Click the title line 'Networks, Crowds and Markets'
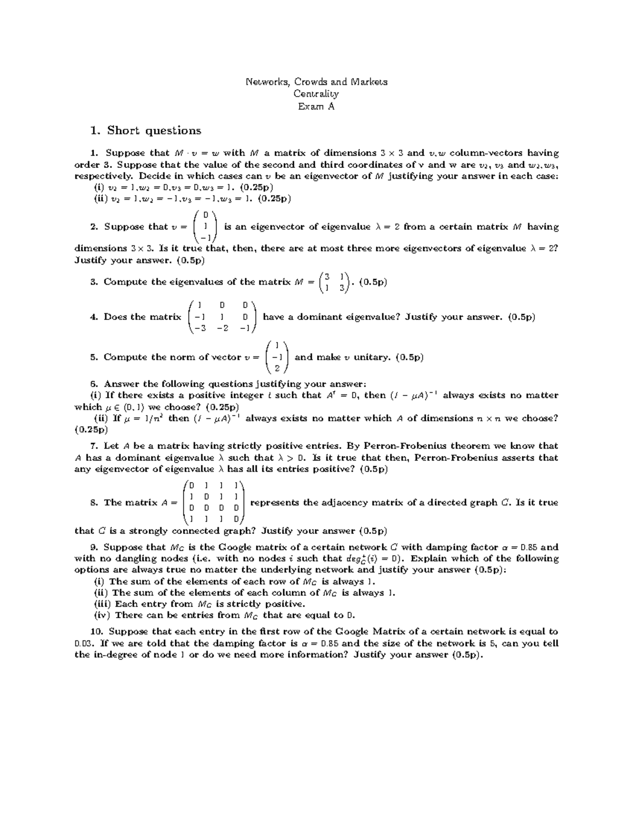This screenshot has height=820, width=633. pyautogui.click(x=316, y=82)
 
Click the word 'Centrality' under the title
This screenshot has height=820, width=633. pyautogui.click(x=316, y=94)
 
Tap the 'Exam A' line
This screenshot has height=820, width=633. pyautogui.click(x=316, y=106)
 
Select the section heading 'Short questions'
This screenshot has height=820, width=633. pyautogui.click(x=154, y=130)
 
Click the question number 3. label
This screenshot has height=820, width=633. pyautogui.click(x=94, y=282)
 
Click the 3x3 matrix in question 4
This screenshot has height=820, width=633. pyautogui.click(x=222, y=317)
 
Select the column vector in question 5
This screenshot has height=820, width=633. pyautogui.click(x=277, y=357)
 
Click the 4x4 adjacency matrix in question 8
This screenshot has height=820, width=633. pyautogui.click(x=214, y=502)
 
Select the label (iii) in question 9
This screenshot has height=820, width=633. pyautogui.click(x=102, y=604)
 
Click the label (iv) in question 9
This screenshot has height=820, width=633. pyautogui.click(x=102, y=615)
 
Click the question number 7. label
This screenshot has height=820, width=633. pyautogui.click(x=94, y=446)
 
